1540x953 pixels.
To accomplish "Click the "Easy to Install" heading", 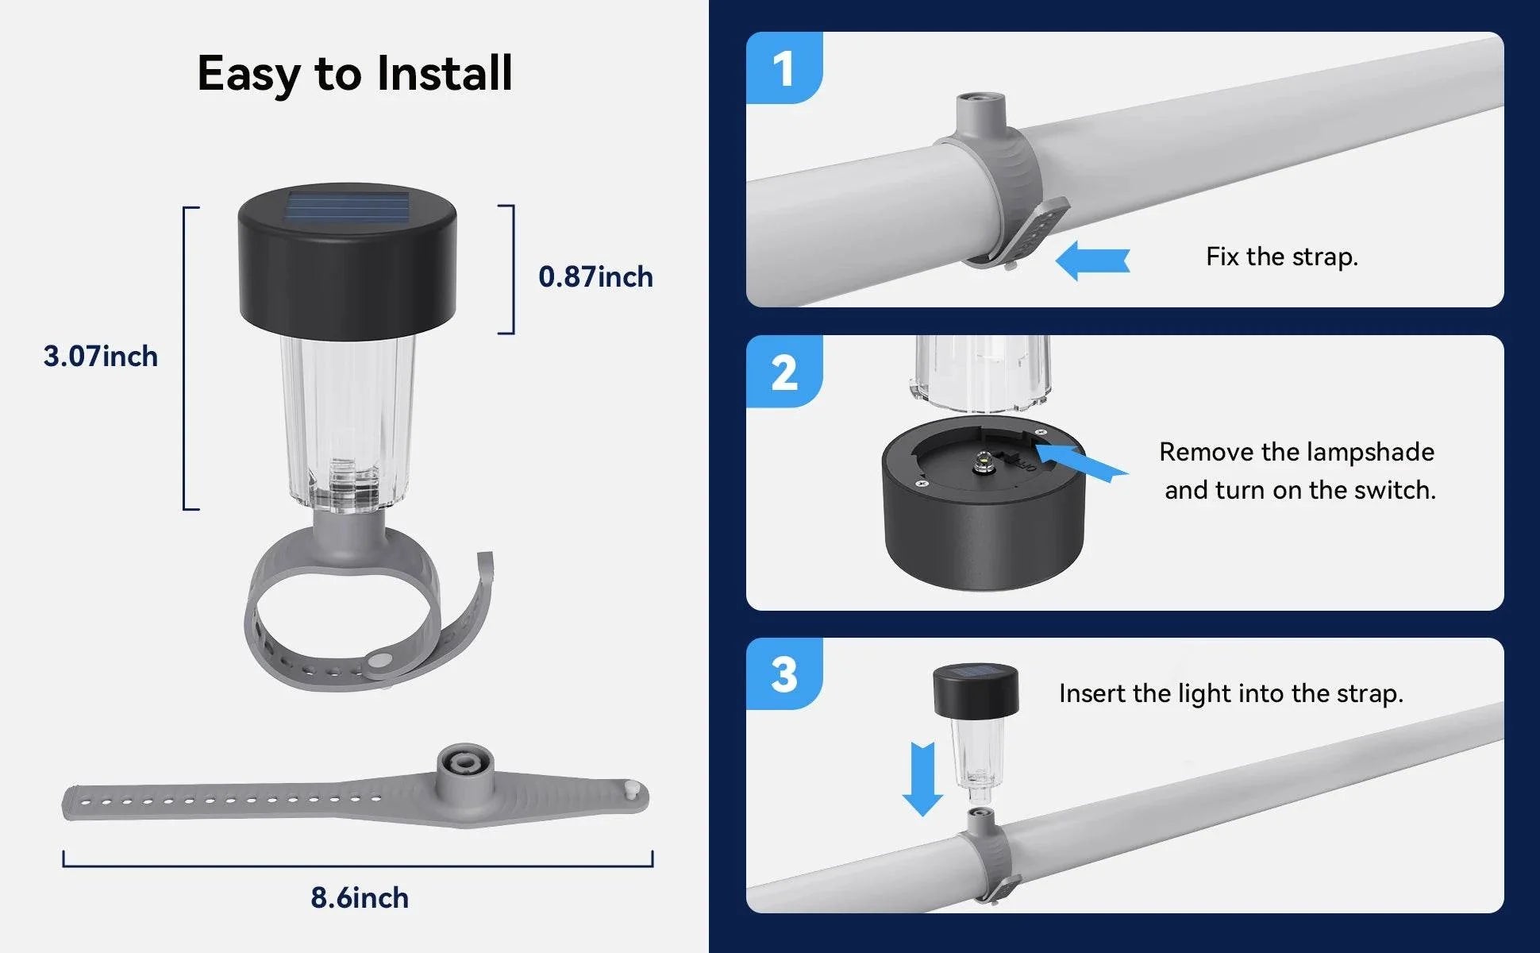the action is pyautogui.click(x=355, y=74).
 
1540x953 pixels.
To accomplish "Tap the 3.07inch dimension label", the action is pyautogui.click(x=101, y=356).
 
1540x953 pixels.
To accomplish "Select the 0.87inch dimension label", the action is pyautogui.click(x=595, y=276).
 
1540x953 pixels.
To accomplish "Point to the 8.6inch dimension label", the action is pyautogui.click(x=360, y=897).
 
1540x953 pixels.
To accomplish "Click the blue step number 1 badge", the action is pyautogui.click(x=784, y=68).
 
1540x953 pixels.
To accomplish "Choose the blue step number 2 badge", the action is pyautogui.click(x=784, y=372).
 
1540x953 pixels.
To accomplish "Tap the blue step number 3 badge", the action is pyautogui.click(x=784, y=674).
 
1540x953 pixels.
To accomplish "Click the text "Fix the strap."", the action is pyautogui.click(x=1282, y=257).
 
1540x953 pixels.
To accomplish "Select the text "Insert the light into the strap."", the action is pyautogui.click(x=1231, y=693).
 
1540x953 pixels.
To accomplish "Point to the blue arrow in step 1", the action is pyautogui.click(x=1092, y=260).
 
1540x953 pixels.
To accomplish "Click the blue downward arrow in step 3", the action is pyautogui.click(x=922, y=779).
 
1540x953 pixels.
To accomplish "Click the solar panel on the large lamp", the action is pyautogui.click(x=347, y=206).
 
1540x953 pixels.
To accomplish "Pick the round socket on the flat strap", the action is pyautogui.click(x=465, y=764).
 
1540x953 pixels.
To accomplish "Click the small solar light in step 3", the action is pyautogui.click(x=976, y=724).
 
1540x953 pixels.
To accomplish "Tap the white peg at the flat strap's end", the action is pyautogui.click(x=633, y=790).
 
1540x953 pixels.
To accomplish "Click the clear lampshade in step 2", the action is pyautogui.click(x=983, y=373).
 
